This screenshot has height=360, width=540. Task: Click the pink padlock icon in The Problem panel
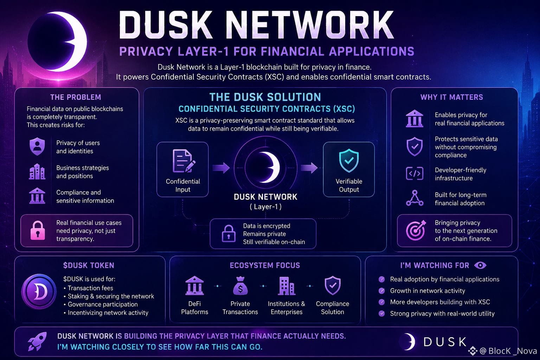[x=38, y=231]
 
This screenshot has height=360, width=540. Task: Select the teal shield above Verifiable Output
[x=349, y=161]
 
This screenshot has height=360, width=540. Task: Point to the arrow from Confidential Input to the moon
[x=221, y=168]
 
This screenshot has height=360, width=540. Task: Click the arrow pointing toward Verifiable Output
[x=309, y=168]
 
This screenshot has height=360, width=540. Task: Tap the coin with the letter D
[x=39, y=291]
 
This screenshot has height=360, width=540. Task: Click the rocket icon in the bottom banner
[x=37, y=341]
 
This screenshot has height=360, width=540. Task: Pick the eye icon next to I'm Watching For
[x=480, y=265]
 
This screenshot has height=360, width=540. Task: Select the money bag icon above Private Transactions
[x=240, y=286]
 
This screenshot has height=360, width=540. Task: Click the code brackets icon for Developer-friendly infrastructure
[x=414, y=173]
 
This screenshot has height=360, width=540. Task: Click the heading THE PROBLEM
[x=76, y=97]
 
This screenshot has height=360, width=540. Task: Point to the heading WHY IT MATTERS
[x=452, y=97]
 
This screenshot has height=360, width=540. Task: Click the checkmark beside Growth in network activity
[x=381, y=290]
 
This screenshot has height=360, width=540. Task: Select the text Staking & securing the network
[x=111, y=296]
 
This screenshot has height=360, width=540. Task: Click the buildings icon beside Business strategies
[x=37, y=172]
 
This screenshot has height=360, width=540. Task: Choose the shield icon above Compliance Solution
[x=333, y=285]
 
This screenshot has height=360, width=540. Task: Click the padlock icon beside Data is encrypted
[x=229, y=233]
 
